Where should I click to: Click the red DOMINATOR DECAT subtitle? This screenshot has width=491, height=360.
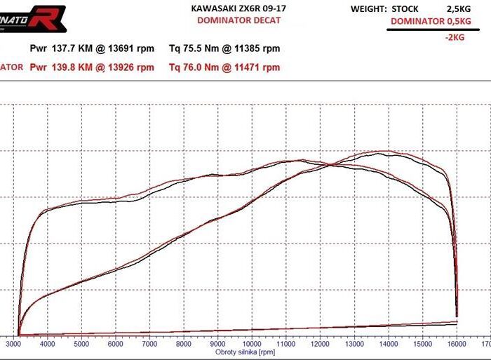[x=238, y=20]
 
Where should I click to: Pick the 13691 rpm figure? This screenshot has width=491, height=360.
[x=134, y=49]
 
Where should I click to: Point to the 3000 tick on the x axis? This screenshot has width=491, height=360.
[x=14, y=345]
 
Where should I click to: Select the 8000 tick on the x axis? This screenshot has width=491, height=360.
[x=184, y=345]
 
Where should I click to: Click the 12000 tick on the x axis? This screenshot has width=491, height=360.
[x=319, y=345]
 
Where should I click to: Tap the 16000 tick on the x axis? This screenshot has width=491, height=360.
[x=456, y=345]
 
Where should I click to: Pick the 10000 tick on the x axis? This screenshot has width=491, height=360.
[x=251, y=345]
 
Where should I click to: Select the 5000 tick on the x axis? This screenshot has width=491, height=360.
[x=82, y=345]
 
